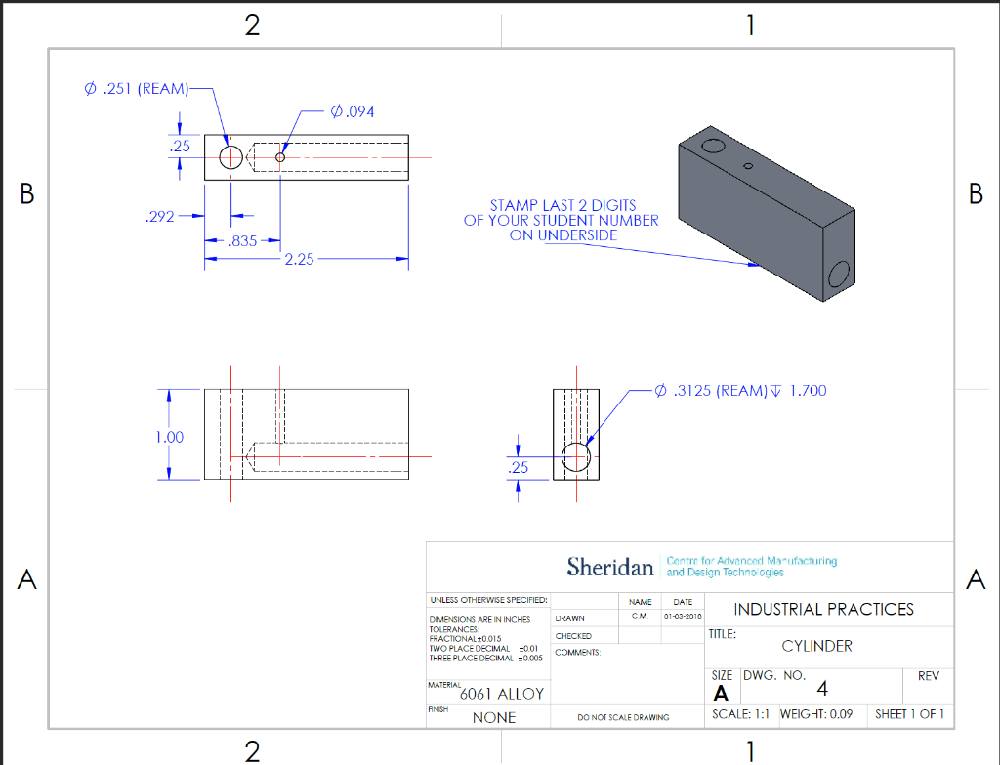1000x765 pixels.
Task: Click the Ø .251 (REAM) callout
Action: [136, 89]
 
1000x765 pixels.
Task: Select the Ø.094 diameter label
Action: [353, 111]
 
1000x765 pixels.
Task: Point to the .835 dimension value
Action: [241, 240]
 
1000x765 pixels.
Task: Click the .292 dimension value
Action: [159, 216]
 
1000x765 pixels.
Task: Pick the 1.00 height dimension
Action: [169, 437]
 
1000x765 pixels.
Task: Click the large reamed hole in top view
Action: [230, 156]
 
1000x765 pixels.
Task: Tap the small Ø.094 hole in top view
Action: [280, 156]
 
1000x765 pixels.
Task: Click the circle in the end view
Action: [577, 456]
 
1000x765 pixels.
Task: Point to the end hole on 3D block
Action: [839, 276]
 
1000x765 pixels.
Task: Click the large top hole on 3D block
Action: [713, 147]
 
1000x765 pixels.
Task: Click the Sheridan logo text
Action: [609, 566]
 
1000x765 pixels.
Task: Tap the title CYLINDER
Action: [816, 646]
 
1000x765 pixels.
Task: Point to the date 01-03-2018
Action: [683, 617]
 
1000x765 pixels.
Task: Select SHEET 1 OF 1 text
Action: [909, 714]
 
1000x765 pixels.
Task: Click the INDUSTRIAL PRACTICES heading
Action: [823, 609]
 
